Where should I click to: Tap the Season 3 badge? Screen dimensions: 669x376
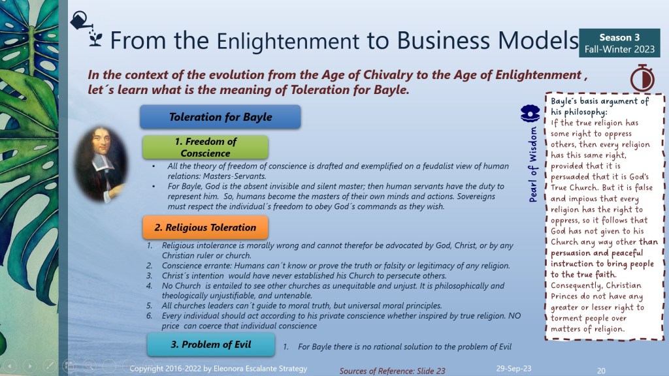point(619,43)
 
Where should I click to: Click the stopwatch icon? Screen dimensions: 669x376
point(642,78)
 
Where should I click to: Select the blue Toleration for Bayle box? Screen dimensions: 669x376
point(220,117)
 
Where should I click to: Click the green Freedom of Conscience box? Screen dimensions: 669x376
point(205,147)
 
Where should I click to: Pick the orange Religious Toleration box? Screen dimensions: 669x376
point(205,227)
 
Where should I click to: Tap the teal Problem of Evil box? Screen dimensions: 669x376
point(211,345)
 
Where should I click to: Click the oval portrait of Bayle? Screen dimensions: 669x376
point(101,164)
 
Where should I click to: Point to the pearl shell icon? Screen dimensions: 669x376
point(530,114)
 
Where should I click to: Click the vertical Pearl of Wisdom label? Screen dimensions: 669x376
point(533,164)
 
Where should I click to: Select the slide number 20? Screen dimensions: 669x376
point(601,371)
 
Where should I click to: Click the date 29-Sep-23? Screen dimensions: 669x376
point(514,368)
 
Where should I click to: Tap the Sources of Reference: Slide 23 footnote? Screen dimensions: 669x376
point(392,371)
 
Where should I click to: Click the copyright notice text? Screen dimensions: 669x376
point(218,368)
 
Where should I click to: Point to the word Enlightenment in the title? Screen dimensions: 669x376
point(288,41)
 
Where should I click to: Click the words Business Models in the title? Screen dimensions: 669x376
point(487,40)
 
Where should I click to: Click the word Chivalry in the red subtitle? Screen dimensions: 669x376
point(388,75)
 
